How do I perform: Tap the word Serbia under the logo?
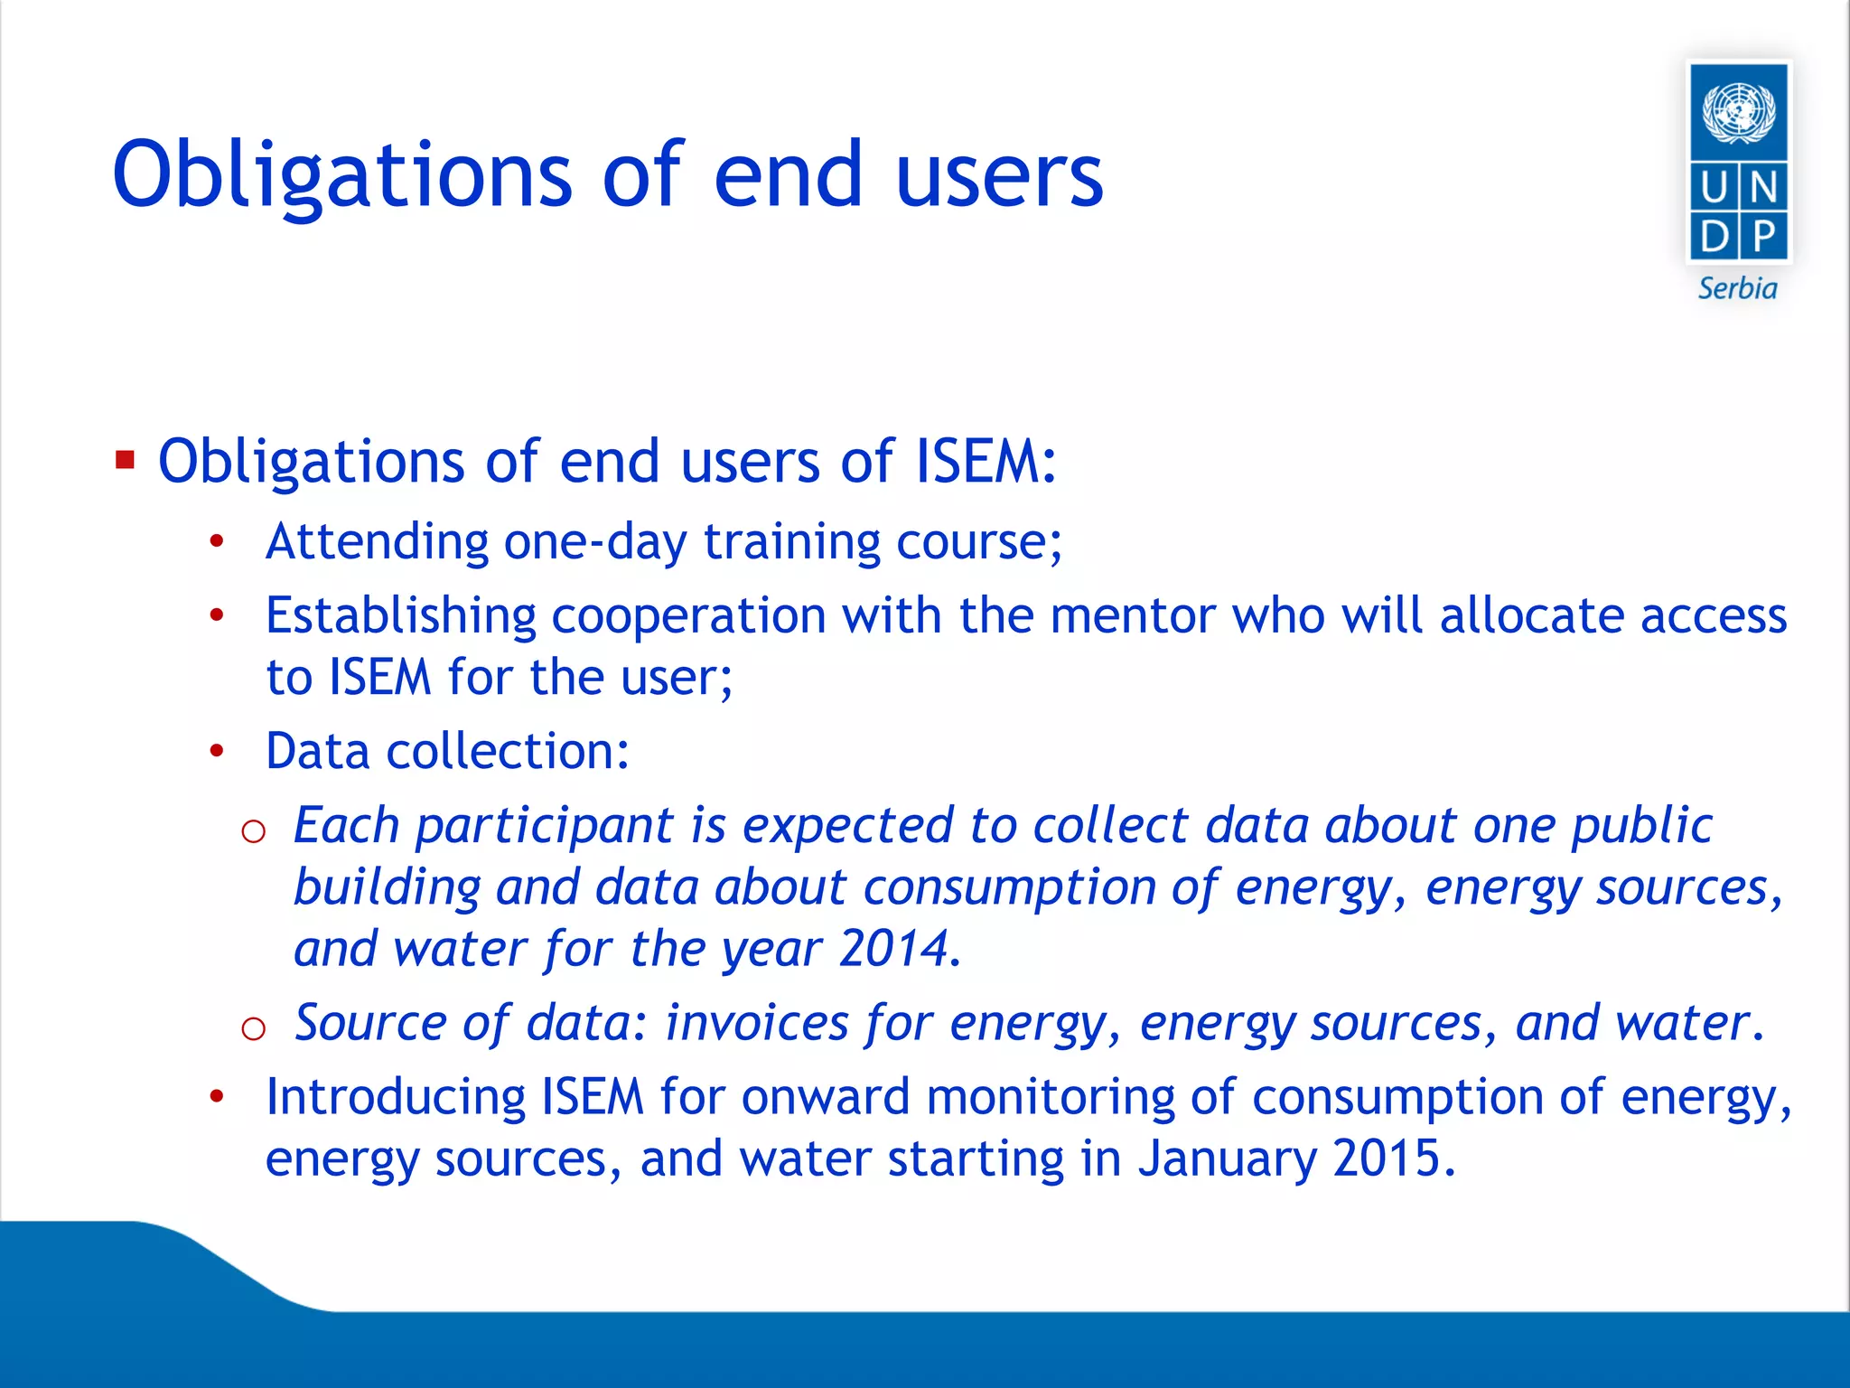(1737, 289)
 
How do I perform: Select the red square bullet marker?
(125, 461)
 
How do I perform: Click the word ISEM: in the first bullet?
(986, 462)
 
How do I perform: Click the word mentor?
(1133, 616)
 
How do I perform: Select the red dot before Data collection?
(216, 751)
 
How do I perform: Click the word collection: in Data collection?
(508, 752)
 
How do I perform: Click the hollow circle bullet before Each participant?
(254, 830)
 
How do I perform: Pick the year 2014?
(898, 949)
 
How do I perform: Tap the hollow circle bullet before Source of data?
(254, 1028)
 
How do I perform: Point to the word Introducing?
(396, 1098)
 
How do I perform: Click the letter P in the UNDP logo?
(1763, 238)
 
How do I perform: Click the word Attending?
(377, 542)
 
